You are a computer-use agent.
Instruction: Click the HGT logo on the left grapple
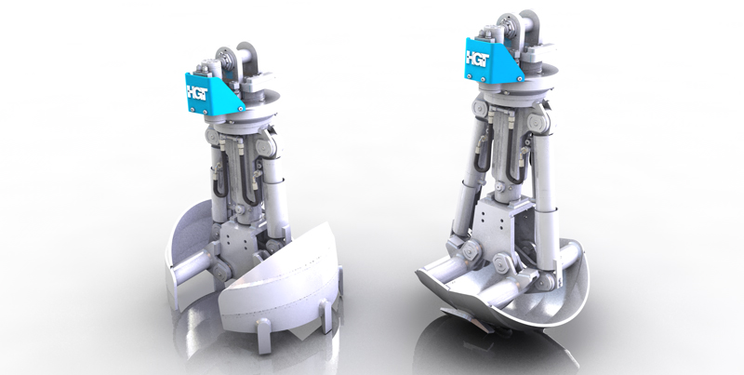click(x=197, y=92)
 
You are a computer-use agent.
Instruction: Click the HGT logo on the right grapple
click(x=477, y=59)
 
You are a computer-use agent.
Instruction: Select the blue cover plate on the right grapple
click(x=492, y=60)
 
